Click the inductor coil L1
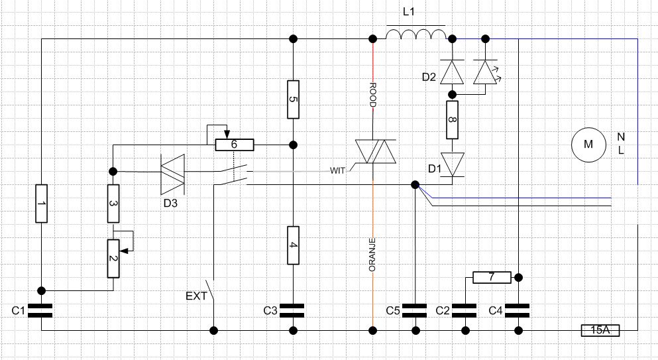[x=415, y=32]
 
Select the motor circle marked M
[x=588, y=145]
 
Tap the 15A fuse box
[x=600, y=330]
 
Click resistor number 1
[x=42, y=204]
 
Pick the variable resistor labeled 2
[x=113, y=259]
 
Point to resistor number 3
[x=113, y=204]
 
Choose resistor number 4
[x=294, y=245]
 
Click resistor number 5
[x=294, y=99]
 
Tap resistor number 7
[x=492, y=277]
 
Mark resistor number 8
[x=452, y=120]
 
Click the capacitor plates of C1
[x=40, y=310]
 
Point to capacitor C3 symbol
[x=292, y=310]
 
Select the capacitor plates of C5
[x=415, y=310]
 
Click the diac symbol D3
[x=172, y=174]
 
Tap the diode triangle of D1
[x=452, y=164]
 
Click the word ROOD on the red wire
[x=372, y=95]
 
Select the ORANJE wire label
[x=372, y=255]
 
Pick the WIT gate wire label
[x=337, y=170]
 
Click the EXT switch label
[x=196, y=296]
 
